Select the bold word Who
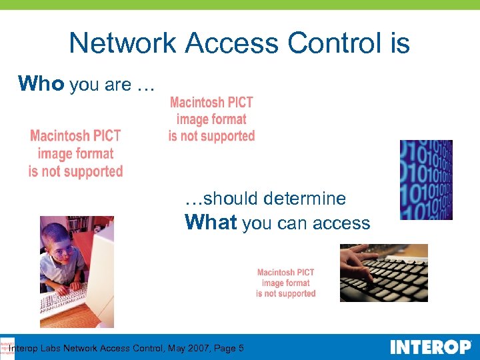coord(41,83)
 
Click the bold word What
coord(211,222)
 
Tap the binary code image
coord(425,179)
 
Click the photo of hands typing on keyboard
coord(383,273)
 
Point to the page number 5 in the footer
coord(241,348)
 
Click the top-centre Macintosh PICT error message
coord(211,119)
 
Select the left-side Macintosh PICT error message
coord(75,153)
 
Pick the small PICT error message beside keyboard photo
coord(285,283)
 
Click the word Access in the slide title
coord(233,43)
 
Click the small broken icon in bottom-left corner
coord(7,347)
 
